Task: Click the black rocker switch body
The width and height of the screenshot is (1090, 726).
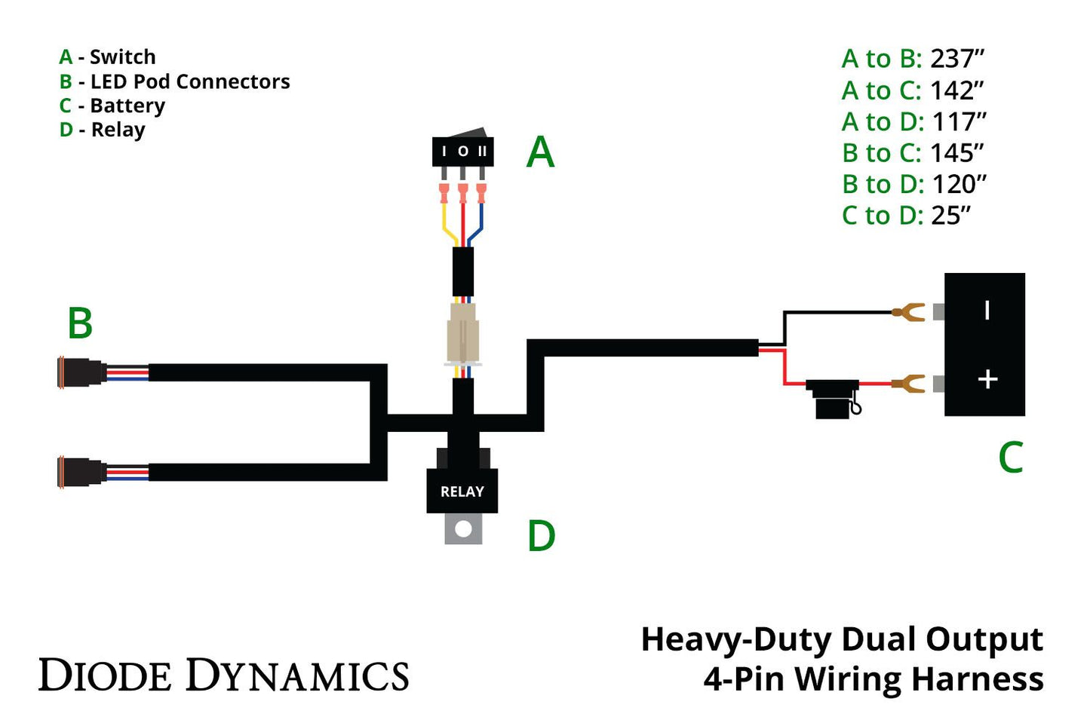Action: [x=462, y=151]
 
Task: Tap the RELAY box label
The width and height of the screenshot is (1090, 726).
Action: [x=462, y=492]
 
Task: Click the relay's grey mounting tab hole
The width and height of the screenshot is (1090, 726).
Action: [x=463, y=529]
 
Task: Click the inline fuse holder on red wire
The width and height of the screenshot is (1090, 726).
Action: [x=833, y=397]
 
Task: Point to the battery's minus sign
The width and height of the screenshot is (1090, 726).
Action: [x=987, y=310]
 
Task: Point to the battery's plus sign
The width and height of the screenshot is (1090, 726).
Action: [x=987, y=379]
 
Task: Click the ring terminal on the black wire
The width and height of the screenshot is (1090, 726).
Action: [x=908, y=311]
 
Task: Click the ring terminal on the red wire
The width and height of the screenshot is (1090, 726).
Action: [x=908, y=384]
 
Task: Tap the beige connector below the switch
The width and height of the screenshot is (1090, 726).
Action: [x=462, y=332]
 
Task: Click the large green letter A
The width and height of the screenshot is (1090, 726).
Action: [x=540, y=153]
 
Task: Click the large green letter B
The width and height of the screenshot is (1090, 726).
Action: [x=80, y=323]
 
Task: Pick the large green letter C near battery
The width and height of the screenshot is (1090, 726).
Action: [x=1010, y=458]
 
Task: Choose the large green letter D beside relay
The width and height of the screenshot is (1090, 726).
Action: [x=541, y=537]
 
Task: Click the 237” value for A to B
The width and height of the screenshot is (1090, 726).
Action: [x=957, y=59]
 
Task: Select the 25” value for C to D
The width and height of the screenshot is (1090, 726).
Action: [x=950, y=216]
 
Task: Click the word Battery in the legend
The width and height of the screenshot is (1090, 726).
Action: [x=127, y=106]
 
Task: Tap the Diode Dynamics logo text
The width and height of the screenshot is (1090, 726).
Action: [x=223, y=675]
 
